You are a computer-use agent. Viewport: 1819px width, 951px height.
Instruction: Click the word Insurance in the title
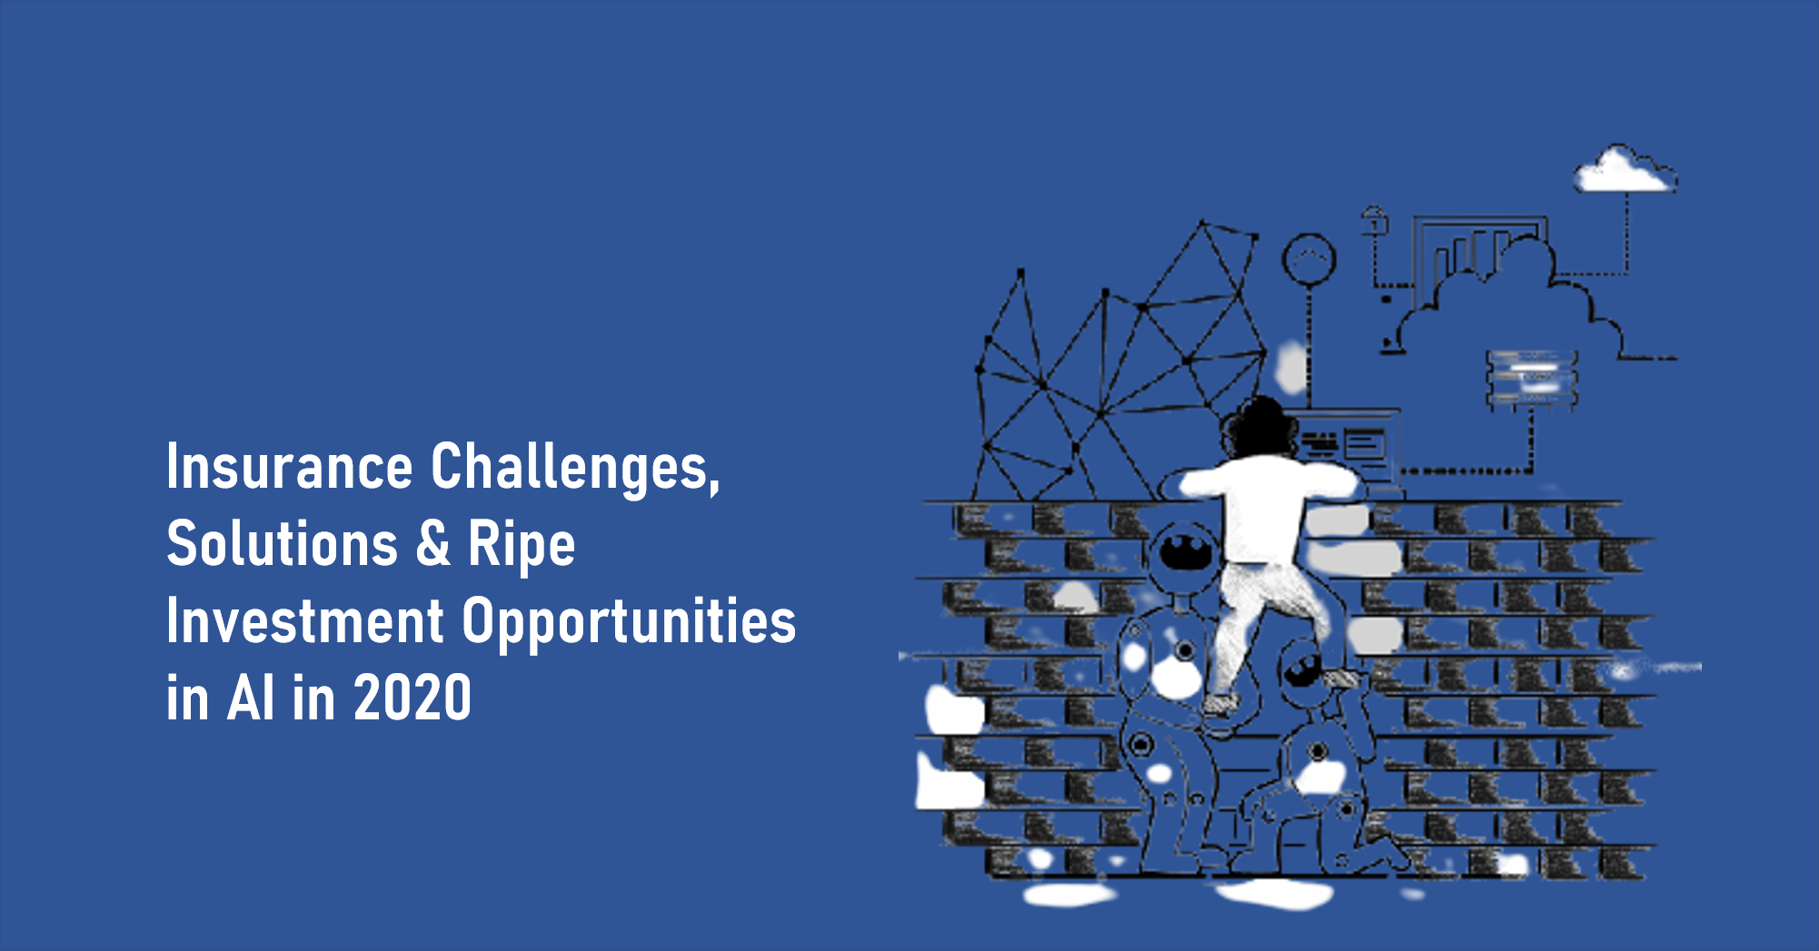click(289, 466)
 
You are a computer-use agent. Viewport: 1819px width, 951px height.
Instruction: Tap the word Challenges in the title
click(575, 466)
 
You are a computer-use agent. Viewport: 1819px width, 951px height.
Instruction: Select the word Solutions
click(283, 543)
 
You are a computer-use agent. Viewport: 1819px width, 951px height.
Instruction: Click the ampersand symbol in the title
click(433, 543)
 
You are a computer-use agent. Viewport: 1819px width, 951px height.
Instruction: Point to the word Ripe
click(522, 547)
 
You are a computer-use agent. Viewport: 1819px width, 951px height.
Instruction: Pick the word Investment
click(305, 621)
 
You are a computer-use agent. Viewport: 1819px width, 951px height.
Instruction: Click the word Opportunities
click(629, 624)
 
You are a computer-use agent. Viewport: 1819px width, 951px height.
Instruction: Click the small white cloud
click(1625, 170)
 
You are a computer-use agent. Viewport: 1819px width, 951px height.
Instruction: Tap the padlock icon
click(1374, 221)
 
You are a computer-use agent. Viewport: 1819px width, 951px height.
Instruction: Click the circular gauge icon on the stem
click(1308, 259)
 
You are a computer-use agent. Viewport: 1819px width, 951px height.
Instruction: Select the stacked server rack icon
click(1532, 379)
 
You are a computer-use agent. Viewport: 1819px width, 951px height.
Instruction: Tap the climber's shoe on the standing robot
click(1218, 704)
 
